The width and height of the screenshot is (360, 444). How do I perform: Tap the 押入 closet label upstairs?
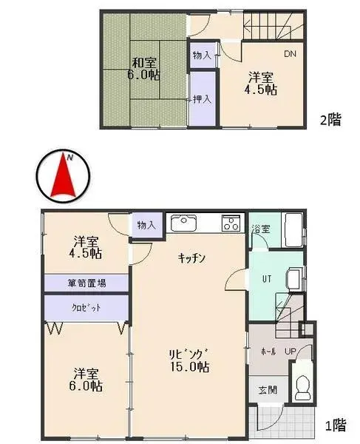click(x=201, y=100)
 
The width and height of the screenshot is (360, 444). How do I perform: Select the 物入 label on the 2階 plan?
click(x=201, y=55)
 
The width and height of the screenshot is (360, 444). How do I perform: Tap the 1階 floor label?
click(x=335, y=425)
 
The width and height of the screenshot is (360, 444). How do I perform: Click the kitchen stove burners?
click(x=232, y=222)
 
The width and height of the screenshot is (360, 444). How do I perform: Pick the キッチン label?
click(x=191, y=258)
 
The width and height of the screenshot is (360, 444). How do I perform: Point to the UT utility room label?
click(x=268, y=279)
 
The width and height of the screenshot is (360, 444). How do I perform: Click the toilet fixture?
click(x=302, y=383)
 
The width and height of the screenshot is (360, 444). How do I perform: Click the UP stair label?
click(x=291, y=351)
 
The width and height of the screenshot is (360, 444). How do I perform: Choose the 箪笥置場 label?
click(x=86, y=283)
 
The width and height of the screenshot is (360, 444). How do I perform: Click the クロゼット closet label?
click(x=86, y=307)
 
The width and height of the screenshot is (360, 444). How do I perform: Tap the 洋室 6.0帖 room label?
click(x=87, y=380)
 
